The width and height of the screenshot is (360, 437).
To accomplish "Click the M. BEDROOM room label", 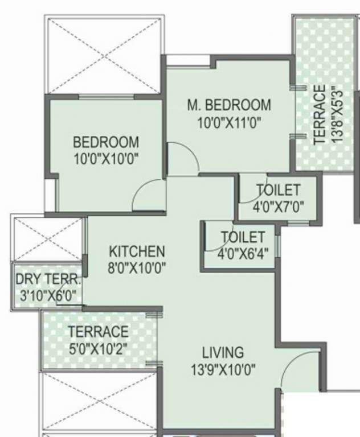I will click(229, 106).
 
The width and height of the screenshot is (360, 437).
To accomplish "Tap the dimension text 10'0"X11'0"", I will click(229, 122).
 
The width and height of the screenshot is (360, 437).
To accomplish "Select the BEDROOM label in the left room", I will click(106, 142).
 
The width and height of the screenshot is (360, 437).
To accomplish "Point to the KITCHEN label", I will click(137, 251).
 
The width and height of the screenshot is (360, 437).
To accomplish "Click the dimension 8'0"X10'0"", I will click(137, 267).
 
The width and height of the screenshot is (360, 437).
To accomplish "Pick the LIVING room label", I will click(223, 353).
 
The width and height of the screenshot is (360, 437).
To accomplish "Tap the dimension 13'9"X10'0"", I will click(223, 370).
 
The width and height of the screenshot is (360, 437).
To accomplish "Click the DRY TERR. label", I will click(48, 280).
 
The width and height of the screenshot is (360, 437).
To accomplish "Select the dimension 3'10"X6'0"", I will click(48, 296).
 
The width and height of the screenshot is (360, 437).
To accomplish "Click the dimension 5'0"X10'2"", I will click(99, 348).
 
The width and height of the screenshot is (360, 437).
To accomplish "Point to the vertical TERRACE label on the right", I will click(320, 113).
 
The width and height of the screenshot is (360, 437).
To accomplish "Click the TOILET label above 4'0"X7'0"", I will click(278, 189).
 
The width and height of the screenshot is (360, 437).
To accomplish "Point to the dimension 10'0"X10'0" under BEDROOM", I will click(106, 158).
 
